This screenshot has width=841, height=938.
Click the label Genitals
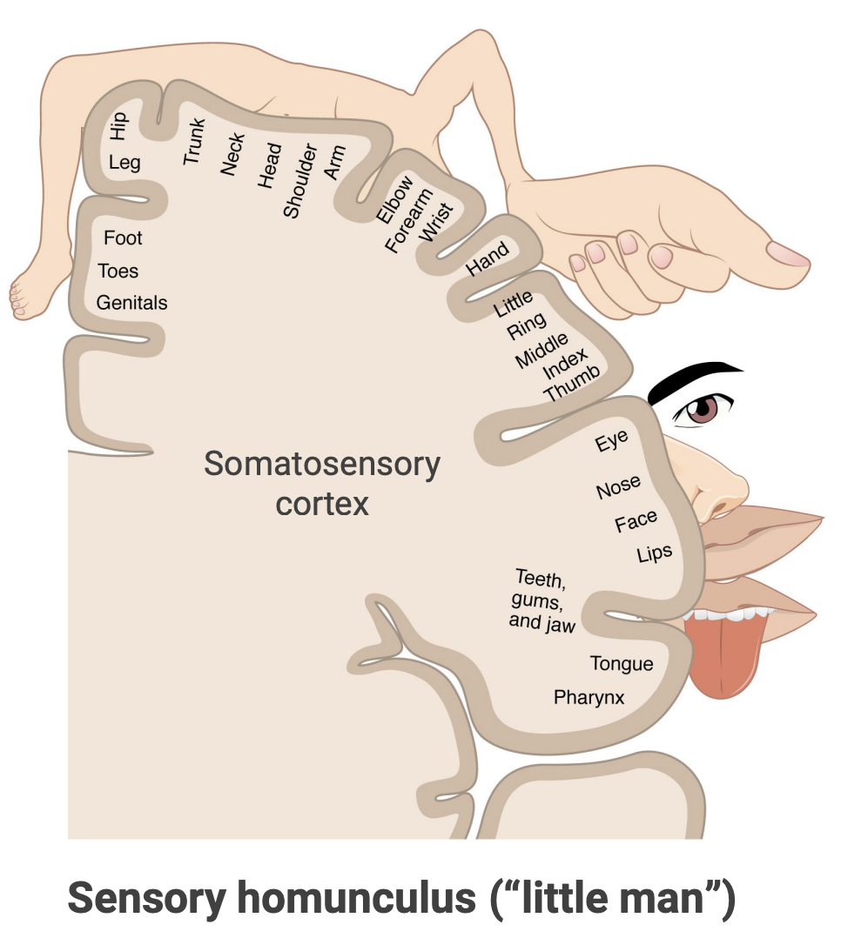131,303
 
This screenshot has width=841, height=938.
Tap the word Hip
118,125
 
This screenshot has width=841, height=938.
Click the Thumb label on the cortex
572,384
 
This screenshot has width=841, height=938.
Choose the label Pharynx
589,697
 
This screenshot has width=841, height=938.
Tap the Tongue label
621,664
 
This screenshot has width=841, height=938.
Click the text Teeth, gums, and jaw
542,600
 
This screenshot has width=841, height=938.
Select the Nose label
618,487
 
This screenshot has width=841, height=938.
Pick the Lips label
655,552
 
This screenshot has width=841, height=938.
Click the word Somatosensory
322,464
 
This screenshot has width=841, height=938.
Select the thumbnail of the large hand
788,255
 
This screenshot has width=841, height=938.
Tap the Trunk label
192,141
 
